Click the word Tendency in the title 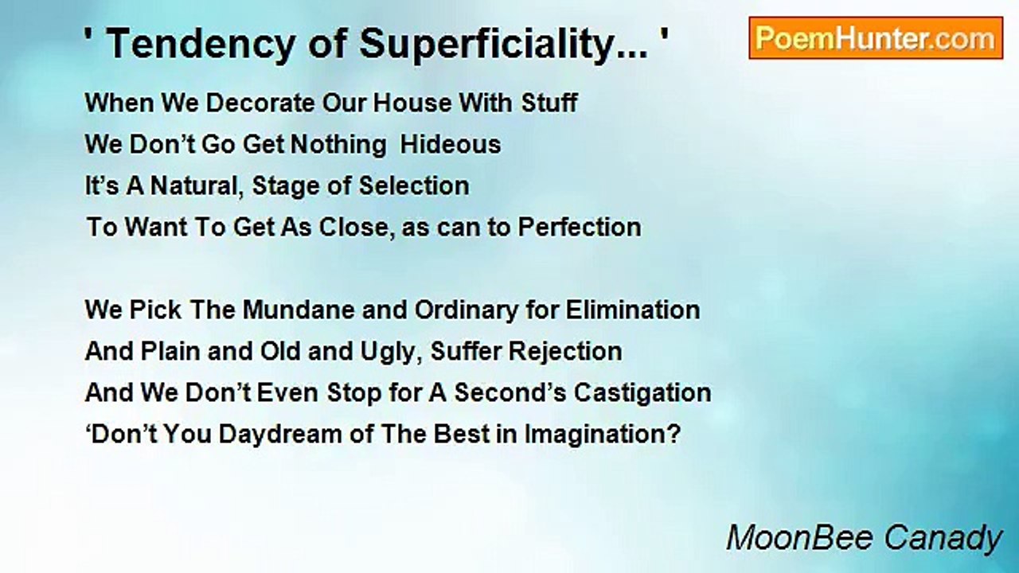pyautogui.click(x=201, y=45)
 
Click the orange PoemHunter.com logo pyautogui.click(x=876, y=38)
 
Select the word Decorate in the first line pyautogui.click(x=260, y=103)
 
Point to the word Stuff pyautogui.click(x=549, y=103)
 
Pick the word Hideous pyautogui.click(x=451, y=145)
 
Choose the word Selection pyautogui.click(x=414, y=186)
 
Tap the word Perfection pyautogui.click(x=580, y=227)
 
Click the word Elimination pyautogui.click(x=632, y=310)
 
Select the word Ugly pyautogui.click(x=390, y=353)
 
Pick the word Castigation pyautogui.click(x=642, y=393)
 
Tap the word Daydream pyautogui.click(x=280, y=435)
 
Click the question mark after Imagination pyautogui.click(x=675, y=435)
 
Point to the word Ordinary pyautogui.click(x=467, y=311)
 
